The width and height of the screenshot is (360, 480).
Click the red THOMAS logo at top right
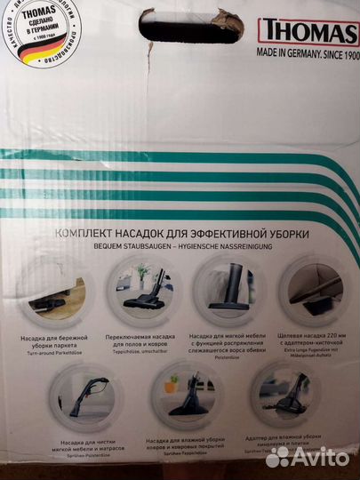point(307,31)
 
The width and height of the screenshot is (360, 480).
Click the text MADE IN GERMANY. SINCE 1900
point(307,52)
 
